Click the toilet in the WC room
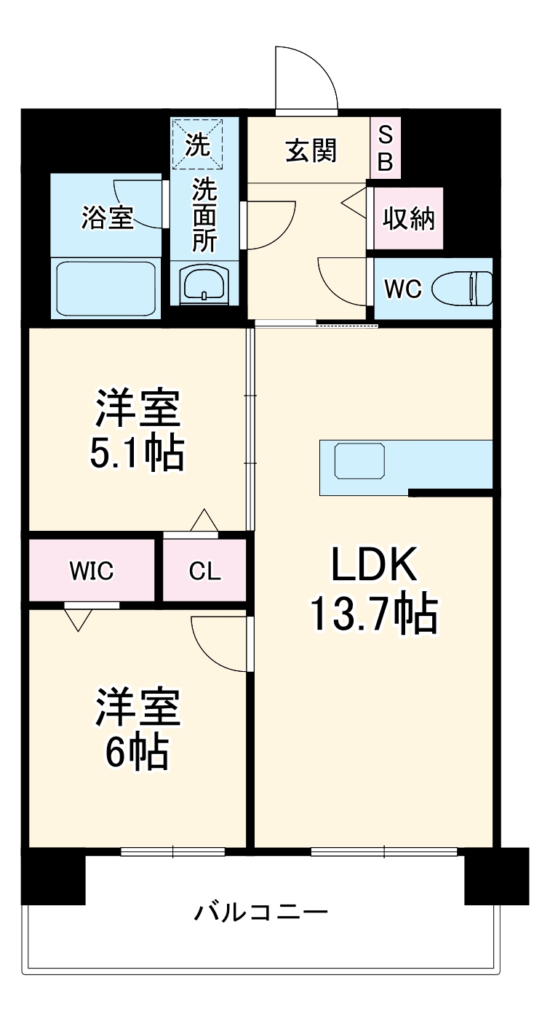pyautogui.click(x=463, y=289)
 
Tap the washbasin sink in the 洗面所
pyautogui.click(x=205, y=284)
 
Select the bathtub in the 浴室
pyautogui.click(x=105, y=286)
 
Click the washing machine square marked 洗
pyautogui.click(x=195, y=144)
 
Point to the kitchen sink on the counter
pyautogui.click(x=359, y=461)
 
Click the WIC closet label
pyautogui.click(x=92, y=571)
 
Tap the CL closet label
pyautogui.click(x=204, y=572)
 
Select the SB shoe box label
pyautogui.click(x=386, y=148)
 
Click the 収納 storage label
pyautogui.click(x=409, y=217)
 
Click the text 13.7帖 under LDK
pyautogui.click(x=374, y=614)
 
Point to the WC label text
pyautogui.click(x=403, y=289)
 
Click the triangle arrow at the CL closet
pyautogui.click(x=204, y=521)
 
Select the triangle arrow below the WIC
pyautogui.click(x=78, y=620)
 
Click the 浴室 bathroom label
pyautogui.click(x=107, y=217)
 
